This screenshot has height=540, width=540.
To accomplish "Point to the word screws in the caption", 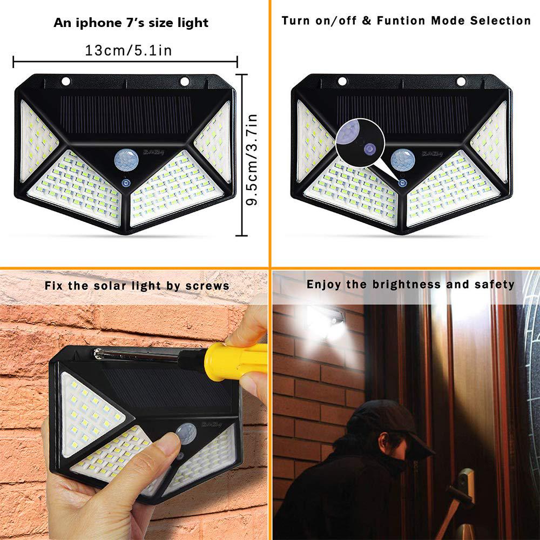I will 208,285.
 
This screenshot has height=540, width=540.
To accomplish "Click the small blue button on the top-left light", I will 126,184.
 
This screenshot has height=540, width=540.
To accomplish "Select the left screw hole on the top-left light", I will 66,82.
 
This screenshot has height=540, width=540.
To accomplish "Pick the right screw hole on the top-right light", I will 461,82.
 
